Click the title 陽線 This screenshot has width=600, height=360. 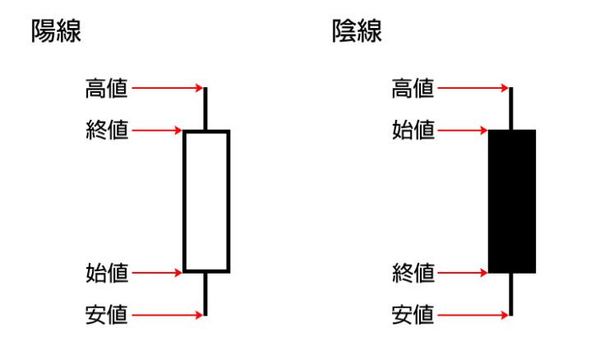(x=56, y=32)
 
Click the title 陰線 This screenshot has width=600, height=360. (x=357, y=32)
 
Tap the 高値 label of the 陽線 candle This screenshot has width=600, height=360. (x=107, y=88)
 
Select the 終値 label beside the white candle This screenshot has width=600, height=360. (x=107, y=130)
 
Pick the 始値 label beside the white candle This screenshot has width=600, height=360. (x=107, y=272)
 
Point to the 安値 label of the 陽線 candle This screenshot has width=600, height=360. (x=107, y=314)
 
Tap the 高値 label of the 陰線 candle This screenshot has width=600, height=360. (x=413, y=88)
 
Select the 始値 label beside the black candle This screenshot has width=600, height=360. (x=413, y=130)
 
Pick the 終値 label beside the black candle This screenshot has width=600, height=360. (x=413, y=272)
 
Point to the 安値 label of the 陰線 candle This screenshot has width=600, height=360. (x=413, y=314)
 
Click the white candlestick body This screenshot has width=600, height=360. (x=206, y=201)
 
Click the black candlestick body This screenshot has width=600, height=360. (x=512, y=201)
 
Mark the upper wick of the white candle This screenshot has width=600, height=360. (x=206, y=108)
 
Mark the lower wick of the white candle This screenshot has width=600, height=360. (x=206, y=293)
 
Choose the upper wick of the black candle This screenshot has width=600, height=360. (x=512, y=108)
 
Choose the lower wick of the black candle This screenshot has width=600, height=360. (x=512, y=293)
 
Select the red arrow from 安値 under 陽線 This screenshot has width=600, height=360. (x=167, y=314)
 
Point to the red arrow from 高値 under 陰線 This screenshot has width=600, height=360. (x=473, y=88)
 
